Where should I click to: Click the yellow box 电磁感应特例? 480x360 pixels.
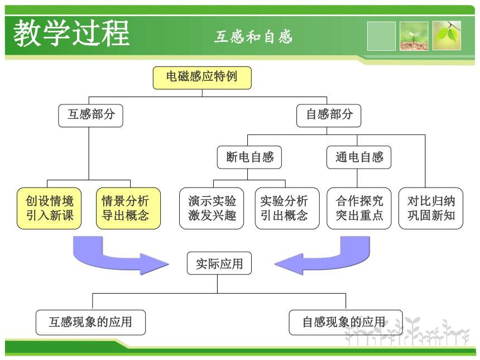click(x=202, y=78)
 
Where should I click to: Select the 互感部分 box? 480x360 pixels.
click(x=90, y=116)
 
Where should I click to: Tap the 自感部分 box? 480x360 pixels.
click(x=329, y=116)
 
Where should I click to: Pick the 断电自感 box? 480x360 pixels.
click(x=249, y=157)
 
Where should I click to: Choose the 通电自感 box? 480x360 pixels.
click(x=359, y=157)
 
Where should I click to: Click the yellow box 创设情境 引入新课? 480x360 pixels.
click(x=49, y=208)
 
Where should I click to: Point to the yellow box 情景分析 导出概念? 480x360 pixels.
click(x=128, y=208)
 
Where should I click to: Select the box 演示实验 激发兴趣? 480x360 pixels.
click(x=212, y=208)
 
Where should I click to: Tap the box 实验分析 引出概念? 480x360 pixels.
click(x=287, y=208)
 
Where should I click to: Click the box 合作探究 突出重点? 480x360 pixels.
click(x=359, y=208)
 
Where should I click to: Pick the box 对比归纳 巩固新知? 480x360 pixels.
click(x=431, y=208)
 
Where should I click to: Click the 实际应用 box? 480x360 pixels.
click(x=219, y=263)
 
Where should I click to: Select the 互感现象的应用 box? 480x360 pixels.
click(x=90, y=323)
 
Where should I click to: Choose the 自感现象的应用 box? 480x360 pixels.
click(x=345, y=323)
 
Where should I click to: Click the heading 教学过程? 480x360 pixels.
click(x=71, y=33)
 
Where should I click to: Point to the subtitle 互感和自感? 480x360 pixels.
click(x=253, y=37)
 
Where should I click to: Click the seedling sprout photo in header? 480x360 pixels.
click(x=414, y=36)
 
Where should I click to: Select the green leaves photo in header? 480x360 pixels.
click(x=447, y=36)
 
